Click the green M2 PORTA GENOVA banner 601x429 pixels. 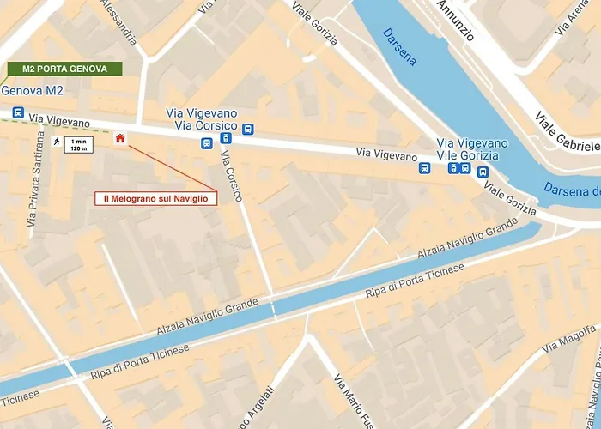click(64, 69)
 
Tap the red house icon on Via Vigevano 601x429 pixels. click(119, 139)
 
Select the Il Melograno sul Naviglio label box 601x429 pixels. click(155, 198)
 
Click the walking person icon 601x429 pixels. click(56, 142)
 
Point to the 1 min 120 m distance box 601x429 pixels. click(79, 143)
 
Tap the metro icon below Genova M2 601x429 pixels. click(17, 112)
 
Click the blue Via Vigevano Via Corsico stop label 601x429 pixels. click(200, 119)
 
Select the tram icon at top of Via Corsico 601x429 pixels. click(226, 137)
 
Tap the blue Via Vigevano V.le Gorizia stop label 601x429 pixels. click(472, 148)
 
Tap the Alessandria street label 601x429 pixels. click(118, 21)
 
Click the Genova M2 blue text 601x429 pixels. click(33, 91)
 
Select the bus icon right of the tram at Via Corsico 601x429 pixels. click(248, 130)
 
